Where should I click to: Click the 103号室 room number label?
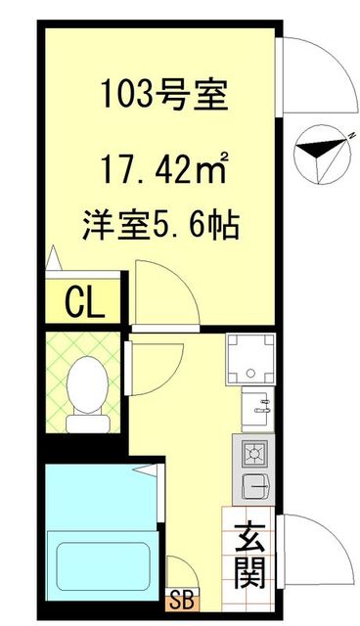pos(163,97)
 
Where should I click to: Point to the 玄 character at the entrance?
pos(250,539)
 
